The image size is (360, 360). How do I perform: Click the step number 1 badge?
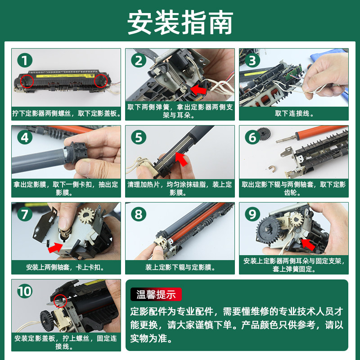point(25,60)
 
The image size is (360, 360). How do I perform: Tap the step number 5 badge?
point(139,137)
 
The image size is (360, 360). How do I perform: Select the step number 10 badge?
point(25,291)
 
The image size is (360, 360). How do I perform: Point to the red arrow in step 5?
point(181,159)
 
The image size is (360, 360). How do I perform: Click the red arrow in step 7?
point(55,248)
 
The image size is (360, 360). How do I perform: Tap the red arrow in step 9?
point(308,244)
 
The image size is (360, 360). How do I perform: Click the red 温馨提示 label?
point(156,294)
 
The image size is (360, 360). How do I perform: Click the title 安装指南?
point(180,22)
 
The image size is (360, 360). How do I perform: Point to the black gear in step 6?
point(264,134)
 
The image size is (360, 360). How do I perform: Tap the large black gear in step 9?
point(268,229)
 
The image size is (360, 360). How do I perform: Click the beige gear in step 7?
point(86,215)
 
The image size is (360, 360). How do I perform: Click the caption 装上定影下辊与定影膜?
point(180,267)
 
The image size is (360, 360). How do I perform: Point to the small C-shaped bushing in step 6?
point(272,169)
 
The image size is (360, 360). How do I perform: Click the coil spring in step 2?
point(175,75)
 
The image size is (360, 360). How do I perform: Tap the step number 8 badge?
point(139,214)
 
